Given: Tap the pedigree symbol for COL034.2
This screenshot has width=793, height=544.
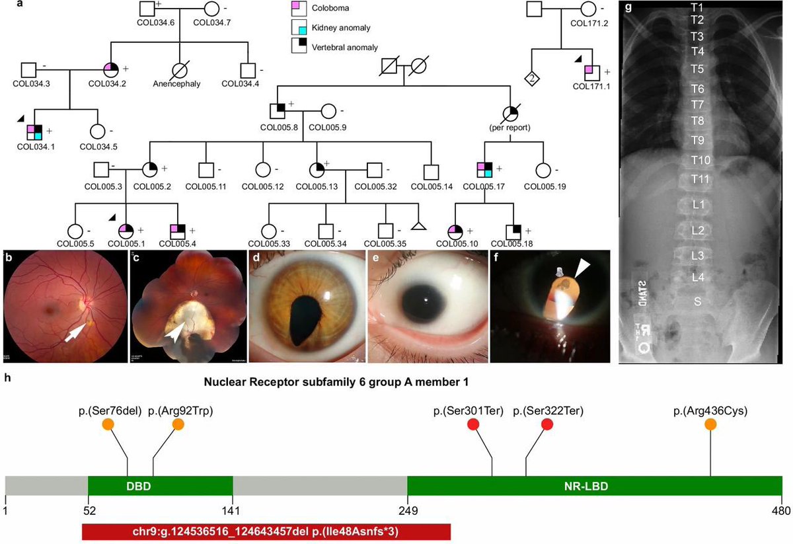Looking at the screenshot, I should tap(110, 69).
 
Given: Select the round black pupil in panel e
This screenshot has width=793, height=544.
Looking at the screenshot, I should tap(429, 304).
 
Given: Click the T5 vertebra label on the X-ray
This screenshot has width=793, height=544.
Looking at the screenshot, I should tap(697, 69).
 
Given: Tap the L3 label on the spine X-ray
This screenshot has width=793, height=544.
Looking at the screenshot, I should tap(697, 255).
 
